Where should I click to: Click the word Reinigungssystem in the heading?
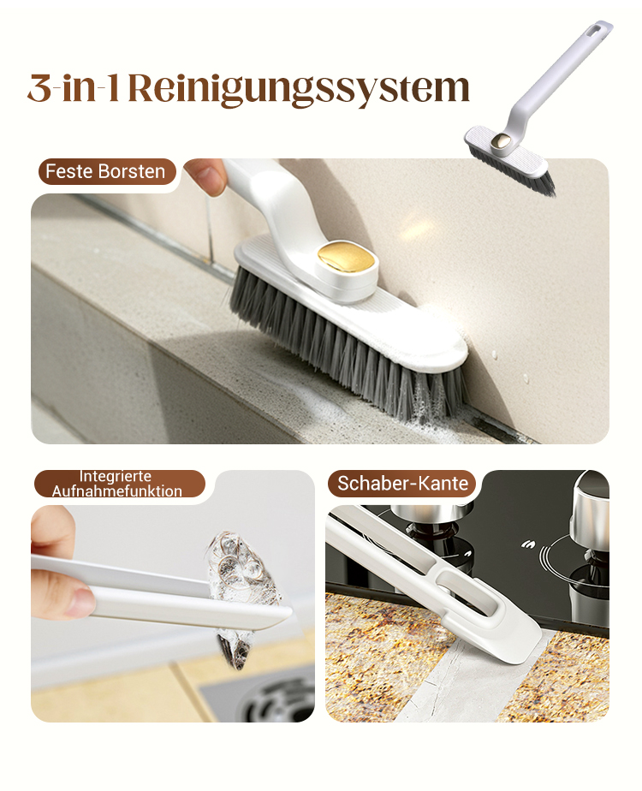[299, 90]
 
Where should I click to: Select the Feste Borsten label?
[105, 171]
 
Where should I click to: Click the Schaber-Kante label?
[402, 484]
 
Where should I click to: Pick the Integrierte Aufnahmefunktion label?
[117, 484]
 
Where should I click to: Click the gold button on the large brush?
[348, 260]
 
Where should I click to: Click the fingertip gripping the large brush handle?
[207, 175]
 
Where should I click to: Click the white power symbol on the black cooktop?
[528, 544]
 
